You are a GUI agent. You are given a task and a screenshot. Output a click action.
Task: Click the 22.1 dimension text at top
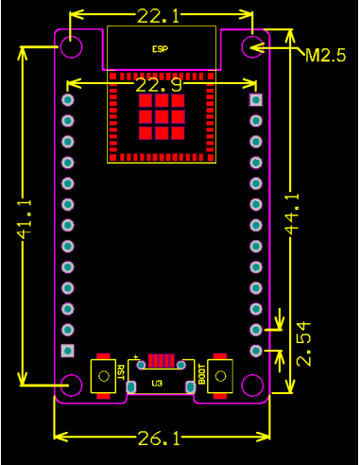coord(161,17)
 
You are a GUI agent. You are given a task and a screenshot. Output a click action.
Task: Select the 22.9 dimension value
coord(158,86)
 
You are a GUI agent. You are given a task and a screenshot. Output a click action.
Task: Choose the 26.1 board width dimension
coord(161,438)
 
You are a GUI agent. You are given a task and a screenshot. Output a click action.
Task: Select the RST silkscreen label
coord(121,375)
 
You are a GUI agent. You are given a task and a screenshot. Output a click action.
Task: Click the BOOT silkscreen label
coord(201,374)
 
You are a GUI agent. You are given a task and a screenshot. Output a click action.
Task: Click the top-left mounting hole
coord(72,45)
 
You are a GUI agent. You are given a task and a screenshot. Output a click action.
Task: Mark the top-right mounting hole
coord(252,45)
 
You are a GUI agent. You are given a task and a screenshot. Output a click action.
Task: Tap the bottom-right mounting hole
coord(252,385)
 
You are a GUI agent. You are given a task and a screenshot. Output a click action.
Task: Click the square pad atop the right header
coord(255,99)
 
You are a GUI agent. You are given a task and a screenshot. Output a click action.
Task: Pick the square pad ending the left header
coord(67,351)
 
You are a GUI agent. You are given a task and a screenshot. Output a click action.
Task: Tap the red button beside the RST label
coord(100,375)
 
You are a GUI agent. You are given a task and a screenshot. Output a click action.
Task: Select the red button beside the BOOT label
coord(222,375)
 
